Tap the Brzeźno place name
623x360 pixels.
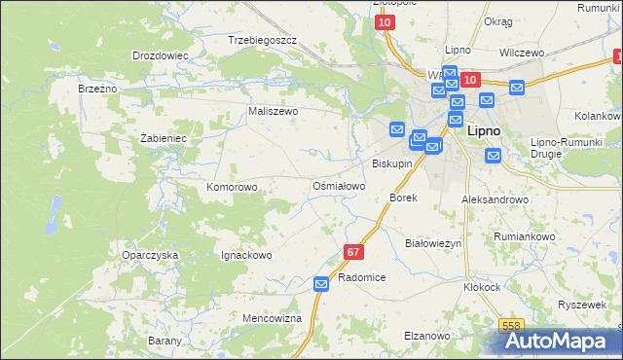[97, 89]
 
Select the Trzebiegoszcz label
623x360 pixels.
[261, 40]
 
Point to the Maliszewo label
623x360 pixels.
[274, 112]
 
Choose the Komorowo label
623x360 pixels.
[232, 187]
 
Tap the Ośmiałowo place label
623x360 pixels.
[339, 186]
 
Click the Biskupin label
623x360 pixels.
[392, 163]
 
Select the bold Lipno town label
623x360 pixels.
[485, 129]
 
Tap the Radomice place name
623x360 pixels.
[362, 278]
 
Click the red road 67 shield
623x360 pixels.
[353, 252]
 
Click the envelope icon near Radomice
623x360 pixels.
[322, 283]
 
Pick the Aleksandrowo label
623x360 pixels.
[495, 199]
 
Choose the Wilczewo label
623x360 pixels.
[521, 53]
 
